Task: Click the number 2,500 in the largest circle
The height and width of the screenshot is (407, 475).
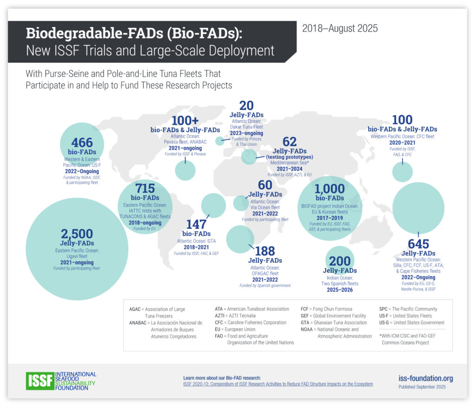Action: click(x=77, y=233)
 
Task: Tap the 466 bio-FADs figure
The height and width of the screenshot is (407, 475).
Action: click(x=82, y=142)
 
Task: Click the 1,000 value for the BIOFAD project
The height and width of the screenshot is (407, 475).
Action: click(x=329, y=189)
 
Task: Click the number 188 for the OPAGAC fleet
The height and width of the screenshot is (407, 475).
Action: click(x=265, y=251)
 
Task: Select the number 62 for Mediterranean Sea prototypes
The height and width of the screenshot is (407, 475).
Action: click(x=289, y=142)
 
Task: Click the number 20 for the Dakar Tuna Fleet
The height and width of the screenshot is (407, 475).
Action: click(x=246, y=106)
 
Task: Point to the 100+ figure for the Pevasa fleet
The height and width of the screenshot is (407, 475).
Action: click(x=186, y=121)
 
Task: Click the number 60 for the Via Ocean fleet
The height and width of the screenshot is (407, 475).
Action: click(x=265, y=185)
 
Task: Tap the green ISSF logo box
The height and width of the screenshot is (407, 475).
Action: click(x=40, y=381)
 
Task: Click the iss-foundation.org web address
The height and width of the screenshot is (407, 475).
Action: click(x=425, y=378)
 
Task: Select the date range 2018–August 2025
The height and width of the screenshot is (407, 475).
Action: click(x=340, y=28)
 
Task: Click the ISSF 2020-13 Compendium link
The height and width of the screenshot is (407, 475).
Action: click(x=278, y=384)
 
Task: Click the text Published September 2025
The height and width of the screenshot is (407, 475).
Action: click(x=422, y=387)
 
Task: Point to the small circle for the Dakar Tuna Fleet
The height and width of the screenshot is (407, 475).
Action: click(x=220, y=140)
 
